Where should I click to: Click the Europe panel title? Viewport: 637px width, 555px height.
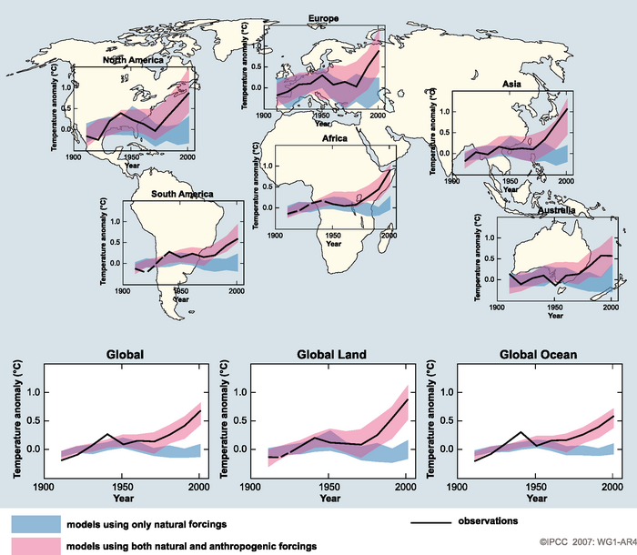pyautogui.click(x=323, y=18)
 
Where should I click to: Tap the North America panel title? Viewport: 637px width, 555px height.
pyautogui.click(x=133, y=60)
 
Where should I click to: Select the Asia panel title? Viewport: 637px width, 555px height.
pyautogui.click(x=511, y=84)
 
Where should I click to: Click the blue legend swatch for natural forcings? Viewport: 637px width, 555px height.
pyautogui.click(x=35, y=525)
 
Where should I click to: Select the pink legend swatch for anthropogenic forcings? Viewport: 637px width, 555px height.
pyautogui.click(x=35, y=546)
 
